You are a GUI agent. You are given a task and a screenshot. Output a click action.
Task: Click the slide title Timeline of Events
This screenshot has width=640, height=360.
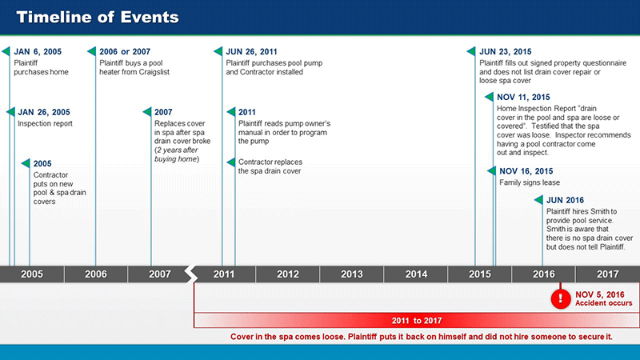(x=98, y=17)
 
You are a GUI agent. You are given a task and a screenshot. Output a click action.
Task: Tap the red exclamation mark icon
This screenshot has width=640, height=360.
(x=561, y=298)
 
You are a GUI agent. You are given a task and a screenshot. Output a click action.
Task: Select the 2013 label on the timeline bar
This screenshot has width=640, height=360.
(x=352, y=274)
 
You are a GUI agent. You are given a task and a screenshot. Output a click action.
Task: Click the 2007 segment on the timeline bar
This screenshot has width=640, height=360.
(x=159, y=274)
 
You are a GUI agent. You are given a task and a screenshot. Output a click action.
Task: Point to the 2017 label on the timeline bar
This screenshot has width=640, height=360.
(x=608, y=274)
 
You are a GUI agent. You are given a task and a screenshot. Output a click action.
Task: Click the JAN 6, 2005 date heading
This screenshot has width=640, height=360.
(x=38, y=52)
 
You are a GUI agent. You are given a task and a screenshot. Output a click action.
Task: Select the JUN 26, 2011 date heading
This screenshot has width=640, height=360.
(x=251, y=52)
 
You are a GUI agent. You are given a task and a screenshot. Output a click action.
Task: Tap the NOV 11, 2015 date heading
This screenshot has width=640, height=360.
(x=523, y=98)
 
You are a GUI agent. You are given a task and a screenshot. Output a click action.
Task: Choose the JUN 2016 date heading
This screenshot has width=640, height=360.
(x=565, y=201)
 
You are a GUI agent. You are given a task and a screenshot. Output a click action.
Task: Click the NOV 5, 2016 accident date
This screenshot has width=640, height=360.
(x=599, y=294)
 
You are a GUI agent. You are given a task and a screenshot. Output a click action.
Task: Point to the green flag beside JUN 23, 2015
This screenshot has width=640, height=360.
(x=471, y=51)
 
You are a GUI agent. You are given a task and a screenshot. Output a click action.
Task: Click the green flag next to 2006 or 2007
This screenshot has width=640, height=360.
(x=91, y=51)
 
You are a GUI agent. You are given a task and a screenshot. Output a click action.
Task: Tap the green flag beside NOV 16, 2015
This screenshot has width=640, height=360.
(x=491, y=171)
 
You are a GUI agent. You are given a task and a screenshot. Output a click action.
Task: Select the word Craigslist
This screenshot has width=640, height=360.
(x=152, y=72)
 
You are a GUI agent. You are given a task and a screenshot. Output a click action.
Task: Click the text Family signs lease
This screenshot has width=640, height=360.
(x=530, y=182)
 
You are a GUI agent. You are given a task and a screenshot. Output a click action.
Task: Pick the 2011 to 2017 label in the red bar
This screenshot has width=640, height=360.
(x=417, y=321)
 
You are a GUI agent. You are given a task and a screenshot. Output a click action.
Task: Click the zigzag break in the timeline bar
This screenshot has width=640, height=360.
(x=191, y=274)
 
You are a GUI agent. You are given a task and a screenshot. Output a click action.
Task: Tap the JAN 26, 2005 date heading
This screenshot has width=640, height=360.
(x=44, y=112)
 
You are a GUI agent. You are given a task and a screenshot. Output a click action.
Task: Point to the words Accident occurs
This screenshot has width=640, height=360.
(x=604, y=303)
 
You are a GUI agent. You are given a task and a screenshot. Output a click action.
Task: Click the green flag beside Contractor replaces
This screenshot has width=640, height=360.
(x=231, y=162)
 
